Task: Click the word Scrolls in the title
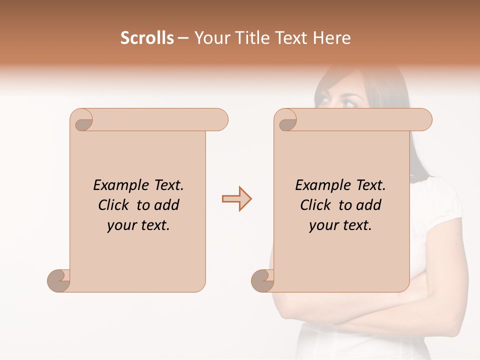click(147, 38)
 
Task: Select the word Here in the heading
click(331, 38)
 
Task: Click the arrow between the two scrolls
click(236, 199)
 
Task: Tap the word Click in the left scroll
click(115, 205)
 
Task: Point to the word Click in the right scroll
click(317, 205)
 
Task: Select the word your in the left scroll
click(121, 225)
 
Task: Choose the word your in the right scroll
click(323, 225)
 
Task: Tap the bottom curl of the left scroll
click(59, 280)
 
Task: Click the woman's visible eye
click(348, 103)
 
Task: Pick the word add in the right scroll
click(369, 205)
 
